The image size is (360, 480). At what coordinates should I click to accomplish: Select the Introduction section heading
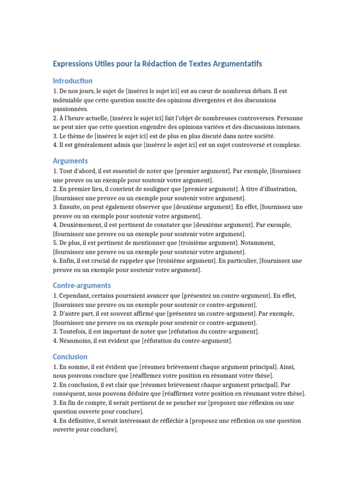(73, 81)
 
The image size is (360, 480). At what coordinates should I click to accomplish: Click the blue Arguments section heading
(70, 161)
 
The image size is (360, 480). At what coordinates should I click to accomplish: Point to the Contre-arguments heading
(82, 285)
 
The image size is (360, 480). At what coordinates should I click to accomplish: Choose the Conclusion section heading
(70, 357)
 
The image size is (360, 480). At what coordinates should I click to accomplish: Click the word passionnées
(71, 109)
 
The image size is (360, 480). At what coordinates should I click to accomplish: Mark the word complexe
(285, 145)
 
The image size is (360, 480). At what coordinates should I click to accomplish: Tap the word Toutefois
(73, 332)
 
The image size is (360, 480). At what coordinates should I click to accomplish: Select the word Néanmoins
(76, 341)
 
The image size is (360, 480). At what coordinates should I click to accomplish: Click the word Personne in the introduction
(290, 118)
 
